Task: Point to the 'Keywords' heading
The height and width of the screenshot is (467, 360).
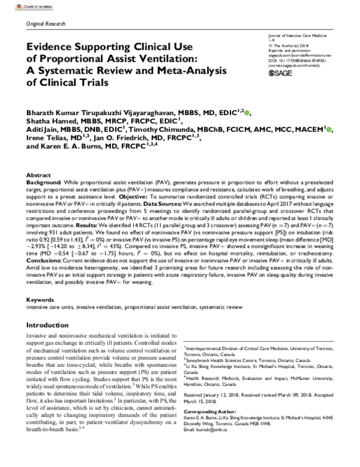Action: coord(41,299)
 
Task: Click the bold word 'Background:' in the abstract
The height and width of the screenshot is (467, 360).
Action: coord(44,180)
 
